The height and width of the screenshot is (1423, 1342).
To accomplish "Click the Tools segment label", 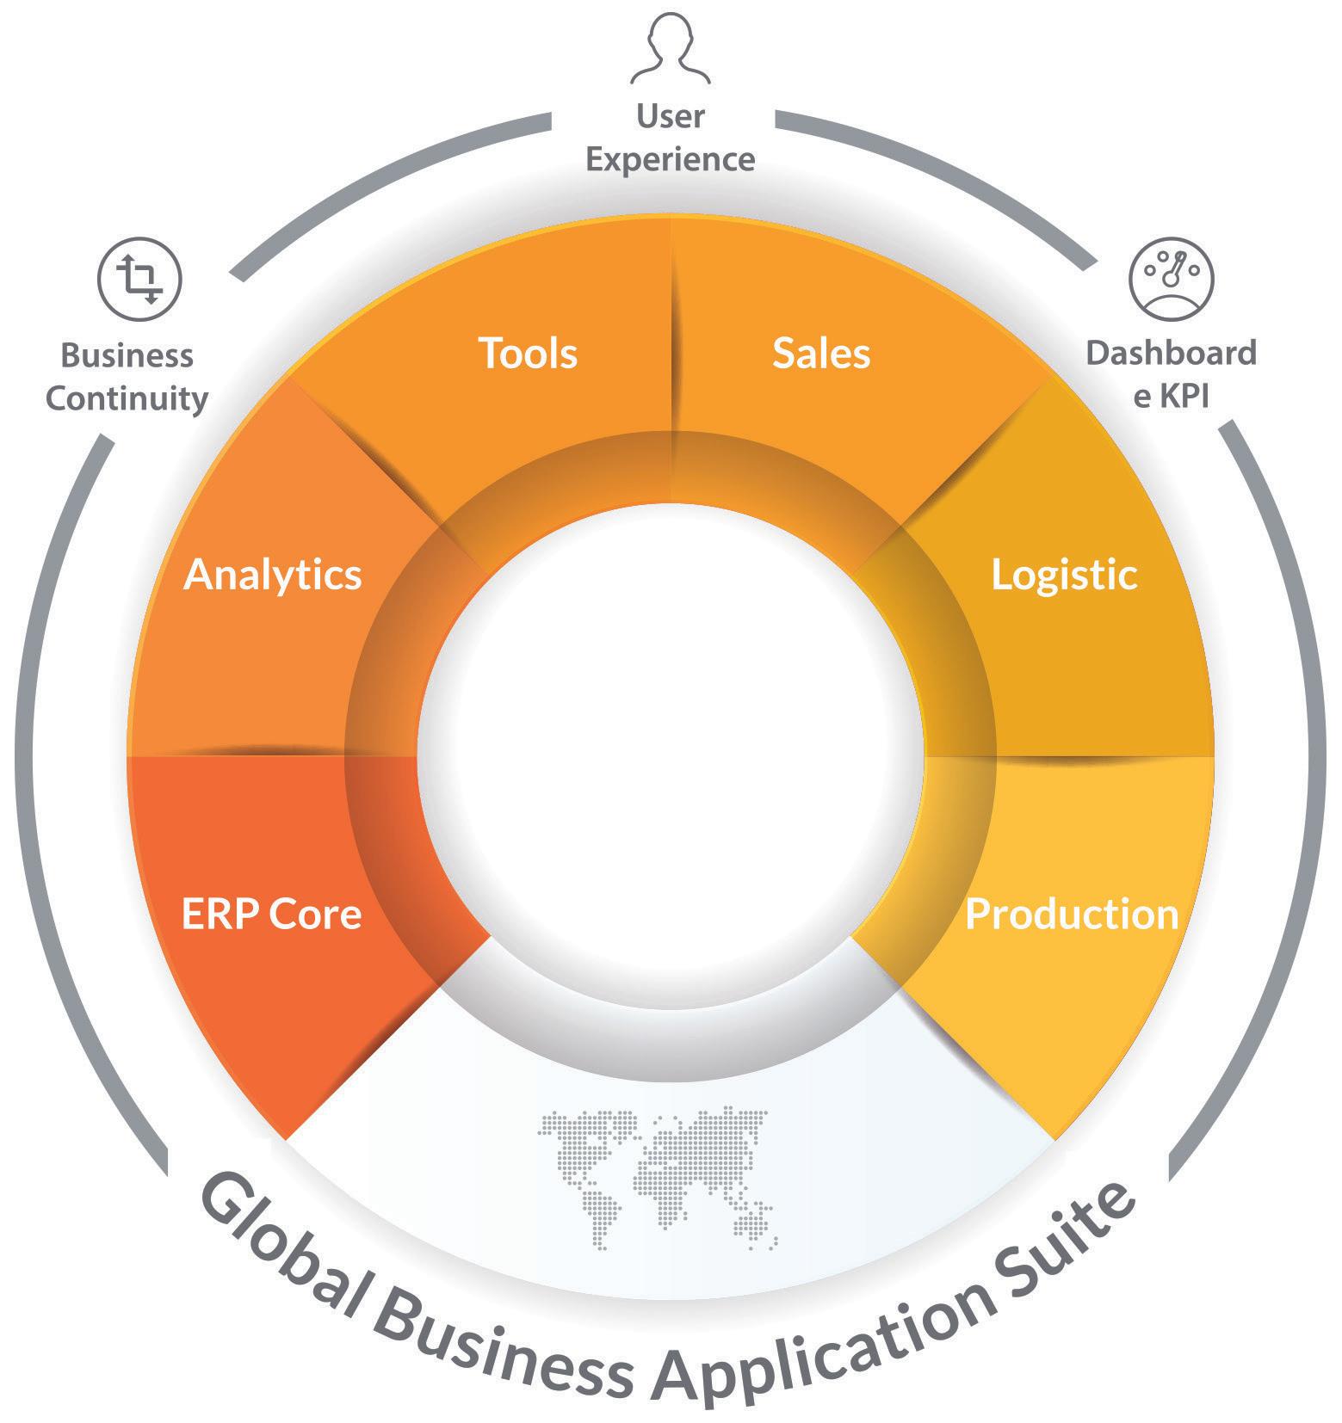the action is [527, 354].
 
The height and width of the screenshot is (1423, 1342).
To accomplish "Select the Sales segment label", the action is [820, 354].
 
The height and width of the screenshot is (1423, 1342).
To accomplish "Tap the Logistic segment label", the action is [1064, 575].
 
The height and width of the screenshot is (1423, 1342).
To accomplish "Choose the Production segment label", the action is [1071, 914].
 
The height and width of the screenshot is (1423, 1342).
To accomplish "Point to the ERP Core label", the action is [271, 914].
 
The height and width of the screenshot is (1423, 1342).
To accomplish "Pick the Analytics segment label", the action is [273, 575].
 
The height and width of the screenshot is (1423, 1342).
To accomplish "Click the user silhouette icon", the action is [671, 49].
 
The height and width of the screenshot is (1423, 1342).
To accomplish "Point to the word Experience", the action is [671, 160].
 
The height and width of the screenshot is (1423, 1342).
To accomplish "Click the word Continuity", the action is [127, 399].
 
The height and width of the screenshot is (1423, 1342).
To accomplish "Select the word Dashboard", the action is [1171, 354].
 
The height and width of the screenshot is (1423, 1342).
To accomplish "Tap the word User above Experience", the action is [671, 116].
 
